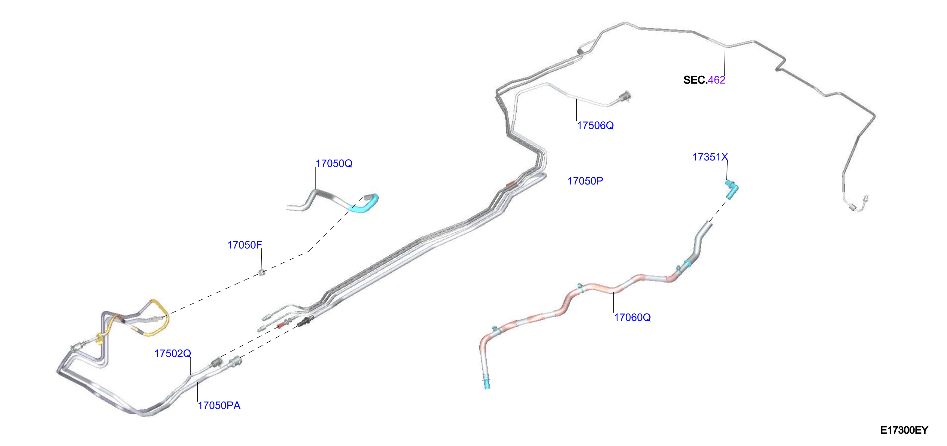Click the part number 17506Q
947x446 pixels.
coord(595,126)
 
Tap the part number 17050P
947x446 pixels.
coord(585,181)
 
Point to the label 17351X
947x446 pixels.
coord(710,157)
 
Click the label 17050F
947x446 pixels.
coord(244,245)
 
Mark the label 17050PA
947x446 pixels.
coord(219,405)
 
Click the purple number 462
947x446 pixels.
coord(717,80)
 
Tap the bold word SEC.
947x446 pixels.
coord(695,80)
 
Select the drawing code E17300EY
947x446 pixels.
coord(904,430)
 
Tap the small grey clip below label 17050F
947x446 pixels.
coord(262,273)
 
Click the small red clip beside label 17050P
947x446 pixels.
coord(511,183)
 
